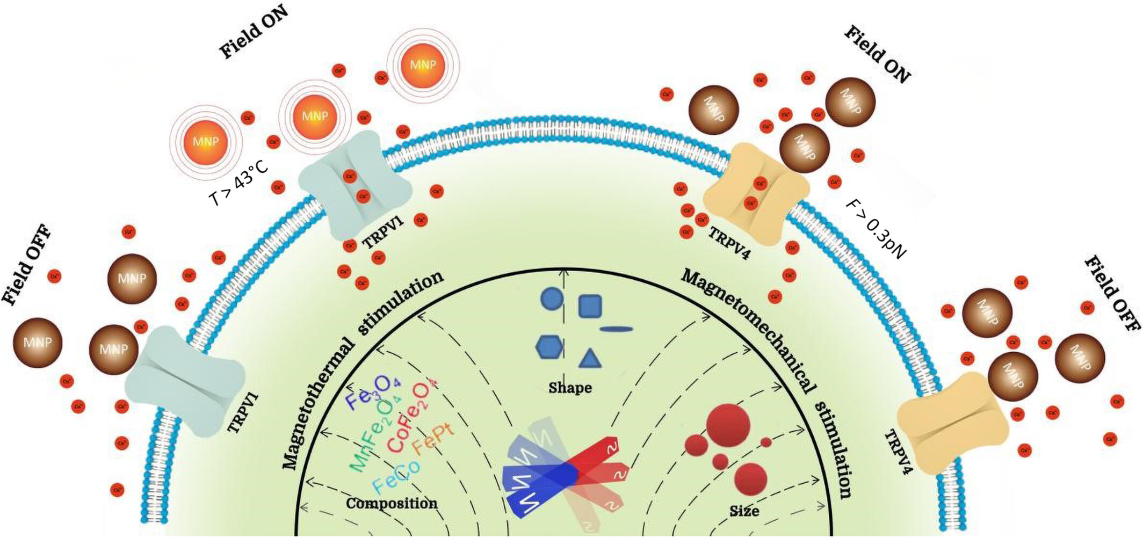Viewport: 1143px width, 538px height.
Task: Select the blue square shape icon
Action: (x=590, y=306)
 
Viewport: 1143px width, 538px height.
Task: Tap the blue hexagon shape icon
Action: (x=549, y=347)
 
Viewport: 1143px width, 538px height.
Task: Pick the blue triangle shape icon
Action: (x=590, y=359)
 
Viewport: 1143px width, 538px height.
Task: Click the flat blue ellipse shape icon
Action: (x=616, y=329)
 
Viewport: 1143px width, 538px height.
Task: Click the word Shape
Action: (x=570, y=387)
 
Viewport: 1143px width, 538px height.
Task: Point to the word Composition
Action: (x=392, y=503)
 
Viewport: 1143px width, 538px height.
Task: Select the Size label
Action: (x=744, y=510)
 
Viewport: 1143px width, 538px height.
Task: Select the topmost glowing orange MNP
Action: (x=423, y=65)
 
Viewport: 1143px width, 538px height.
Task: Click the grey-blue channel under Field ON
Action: (x=354, y=185)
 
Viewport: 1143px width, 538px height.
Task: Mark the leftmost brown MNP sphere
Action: (x=38, y=343)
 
